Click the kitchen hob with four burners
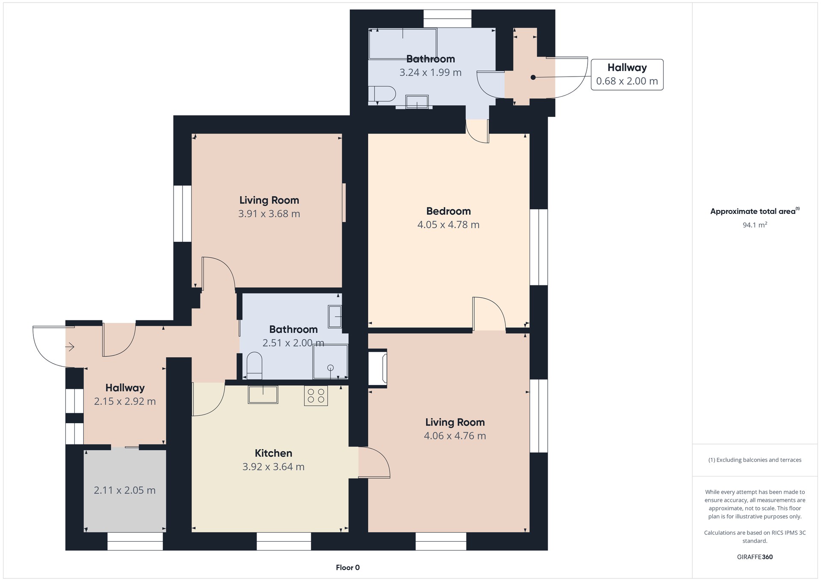point(316,395)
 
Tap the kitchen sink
point(263,394)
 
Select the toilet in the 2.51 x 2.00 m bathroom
point(254,366)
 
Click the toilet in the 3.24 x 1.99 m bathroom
point(382,94)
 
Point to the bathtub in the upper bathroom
point(403,44)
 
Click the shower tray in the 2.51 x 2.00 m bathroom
point(330,362)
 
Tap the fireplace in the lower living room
point(378,368)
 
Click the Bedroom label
point(449,211)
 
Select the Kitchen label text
point(274,453)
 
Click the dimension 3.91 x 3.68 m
point(269,213)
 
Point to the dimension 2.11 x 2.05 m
point(124,490)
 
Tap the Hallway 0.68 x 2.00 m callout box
point(627,74)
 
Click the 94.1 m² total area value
point(755,225)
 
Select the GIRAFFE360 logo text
point(755,557)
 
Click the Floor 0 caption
point(348,568)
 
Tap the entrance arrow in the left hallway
point(70,347)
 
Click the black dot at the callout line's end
point(533,77)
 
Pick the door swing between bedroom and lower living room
point(489,314)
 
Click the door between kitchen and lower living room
point(374,462)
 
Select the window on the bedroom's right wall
point(539,247)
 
